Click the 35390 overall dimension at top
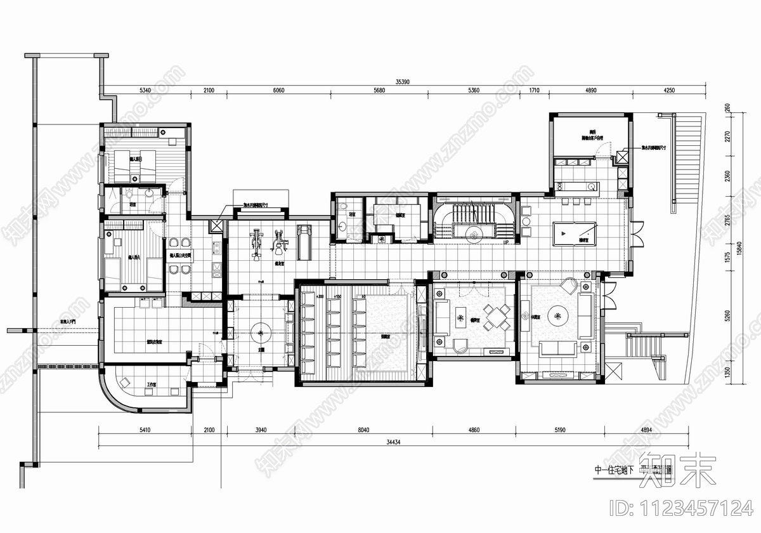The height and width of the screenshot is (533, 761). (x=401, y=82)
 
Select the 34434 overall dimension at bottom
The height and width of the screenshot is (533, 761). (x=394, y=442)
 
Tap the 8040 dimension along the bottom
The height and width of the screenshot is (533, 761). (x=363, y=430)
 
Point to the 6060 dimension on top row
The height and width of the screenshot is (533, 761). (x=278, y=91)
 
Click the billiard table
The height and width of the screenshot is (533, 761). (x=574, y=234)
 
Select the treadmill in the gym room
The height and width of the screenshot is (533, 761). (x=304, y=242)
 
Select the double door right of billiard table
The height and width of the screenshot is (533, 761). (x=637, y=235)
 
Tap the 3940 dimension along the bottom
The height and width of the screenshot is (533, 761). (x=261, y=430)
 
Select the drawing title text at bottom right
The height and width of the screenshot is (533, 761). (x=631, y=471)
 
